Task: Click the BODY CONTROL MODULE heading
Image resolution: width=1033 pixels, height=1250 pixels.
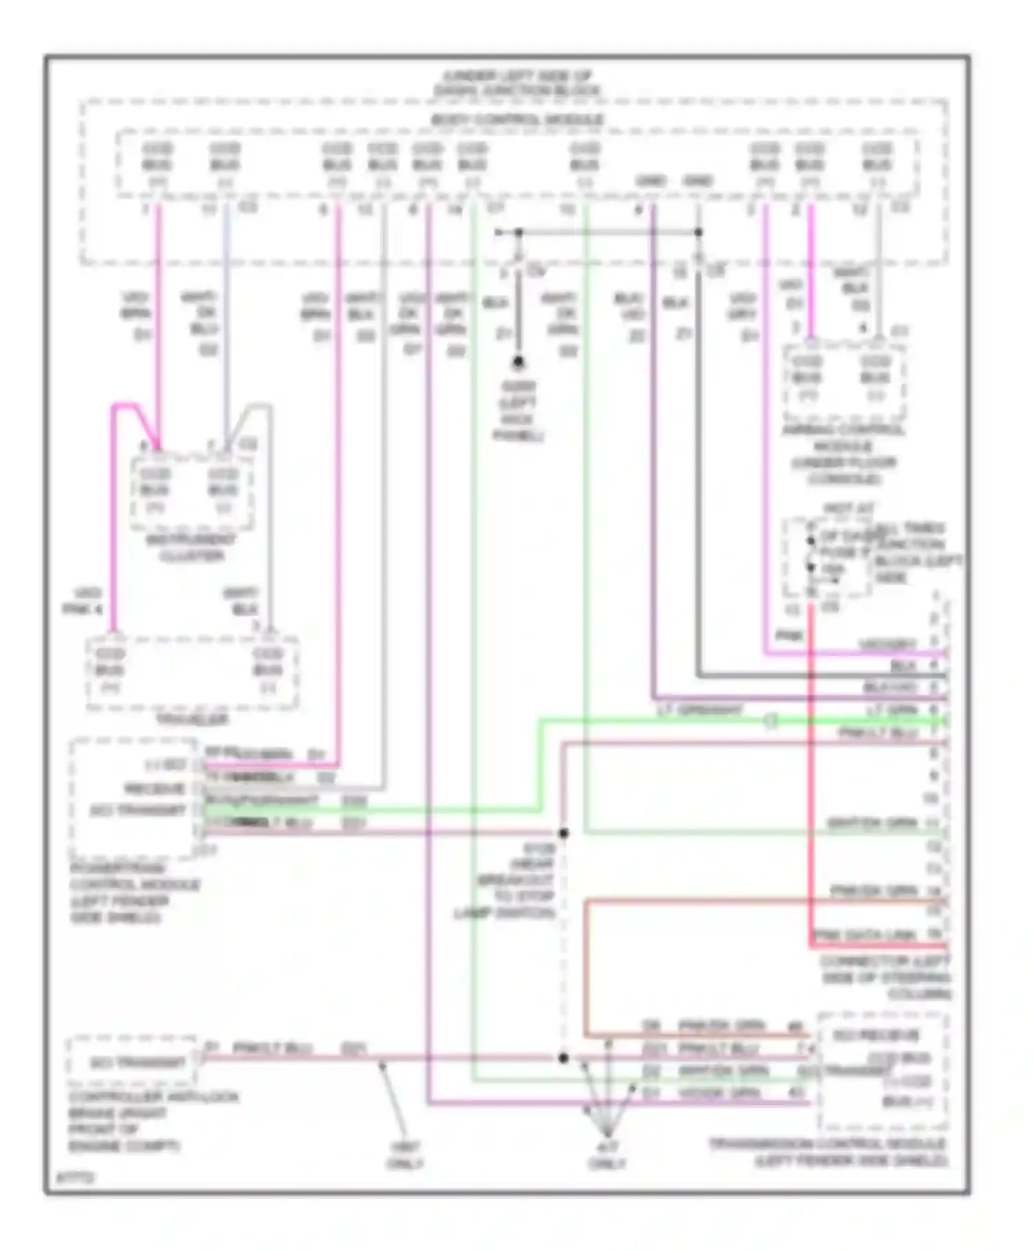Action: point(517,120)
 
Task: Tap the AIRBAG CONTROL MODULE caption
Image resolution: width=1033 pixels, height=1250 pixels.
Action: point(844,454)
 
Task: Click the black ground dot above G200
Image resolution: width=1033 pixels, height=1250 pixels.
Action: point(518,362)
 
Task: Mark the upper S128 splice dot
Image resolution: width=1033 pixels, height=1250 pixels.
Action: point(563,834)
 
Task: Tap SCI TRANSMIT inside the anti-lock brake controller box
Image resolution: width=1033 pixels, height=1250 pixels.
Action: point(138,1063)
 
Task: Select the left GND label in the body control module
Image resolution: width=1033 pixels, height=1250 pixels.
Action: point(650,181)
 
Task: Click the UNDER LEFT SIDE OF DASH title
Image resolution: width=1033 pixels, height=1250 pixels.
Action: point(517,83)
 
